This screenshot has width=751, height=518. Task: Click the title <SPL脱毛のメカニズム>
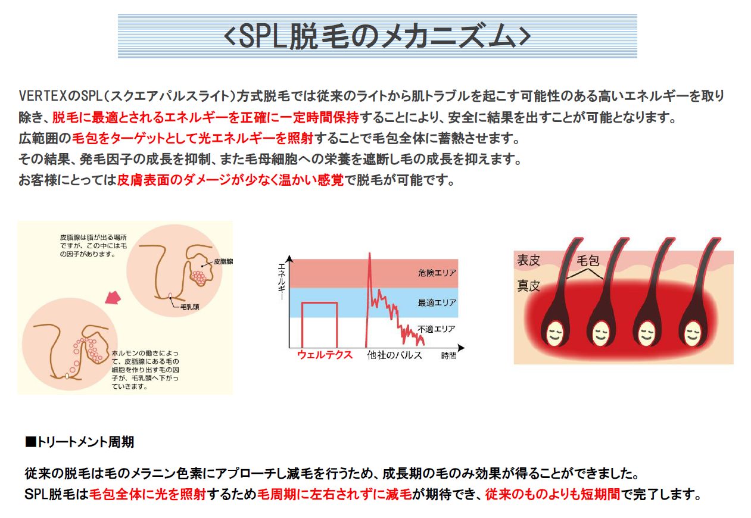coord(377,36)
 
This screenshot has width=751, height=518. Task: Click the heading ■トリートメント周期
coord(79,442)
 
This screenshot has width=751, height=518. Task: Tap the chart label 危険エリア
coord(437,273)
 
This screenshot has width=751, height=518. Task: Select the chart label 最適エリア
coord(437,302)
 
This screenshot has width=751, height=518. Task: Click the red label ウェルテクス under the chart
coord(325,355)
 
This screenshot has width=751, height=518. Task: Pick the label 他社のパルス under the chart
coord(395,355)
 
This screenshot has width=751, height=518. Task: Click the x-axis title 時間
coord(448,355)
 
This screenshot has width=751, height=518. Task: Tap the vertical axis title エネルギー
coord(282,282)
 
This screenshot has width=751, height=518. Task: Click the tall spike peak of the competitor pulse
coord(370,253)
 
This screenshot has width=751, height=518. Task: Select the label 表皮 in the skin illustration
coord(528,260)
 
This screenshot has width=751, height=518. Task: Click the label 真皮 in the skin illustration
coord(528,286)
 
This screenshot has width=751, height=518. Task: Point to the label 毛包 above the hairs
coord(588,261)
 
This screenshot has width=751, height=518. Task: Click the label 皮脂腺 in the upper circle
coord(223,261)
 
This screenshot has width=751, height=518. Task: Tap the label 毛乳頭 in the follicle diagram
coord(190,307)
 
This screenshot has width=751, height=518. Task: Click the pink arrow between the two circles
coord(113,297)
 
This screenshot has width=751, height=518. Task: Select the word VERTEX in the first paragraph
coord(43,96)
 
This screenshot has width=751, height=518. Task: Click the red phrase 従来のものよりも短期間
coord(553,494)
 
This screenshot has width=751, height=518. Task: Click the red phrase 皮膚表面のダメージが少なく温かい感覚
coord(230,180)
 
